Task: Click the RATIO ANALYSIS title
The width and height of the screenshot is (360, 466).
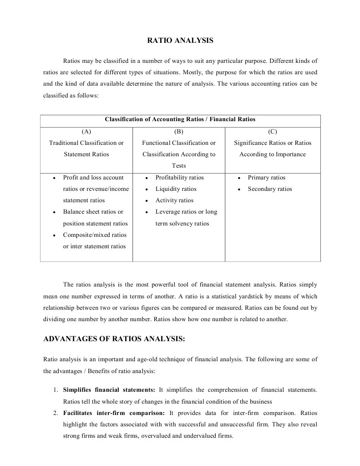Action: click(x=180, y=41)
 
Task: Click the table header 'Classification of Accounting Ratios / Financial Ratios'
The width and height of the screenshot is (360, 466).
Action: click(x=180, y=119)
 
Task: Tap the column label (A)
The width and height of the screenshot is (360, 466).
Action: click(x=86, y=132)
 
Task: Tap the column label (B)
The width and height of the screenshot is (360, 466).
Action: click(x=178, y=132)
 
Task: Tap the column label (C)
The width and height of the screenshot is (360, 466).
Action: click(x=273, y=132)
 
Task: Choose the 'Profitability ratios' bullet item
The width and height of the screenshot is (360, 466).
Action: click(x=179, y=178)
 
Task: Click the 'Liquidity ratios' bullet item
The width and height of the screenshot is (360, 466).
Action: click(x=176, y=189)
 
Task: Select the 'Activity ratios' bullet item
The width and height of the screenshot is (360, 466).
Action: click(x=174, y=200)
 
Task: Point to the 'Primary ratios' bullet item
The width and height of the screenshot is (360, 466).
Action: click(x=266, y=178)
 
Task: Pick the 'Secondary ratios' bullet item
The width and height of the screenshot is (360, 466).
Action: click(x=269, y=189)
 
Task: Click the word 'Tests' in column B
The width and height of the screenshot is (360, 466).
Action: click(x=178, y=166)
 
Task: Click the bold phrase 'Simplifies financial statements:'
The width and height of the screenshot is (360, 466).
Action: click(x=109, y=390)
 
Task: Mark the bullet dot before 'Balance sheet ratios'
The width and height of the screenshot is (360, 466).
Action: click(x=54, y=212)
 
